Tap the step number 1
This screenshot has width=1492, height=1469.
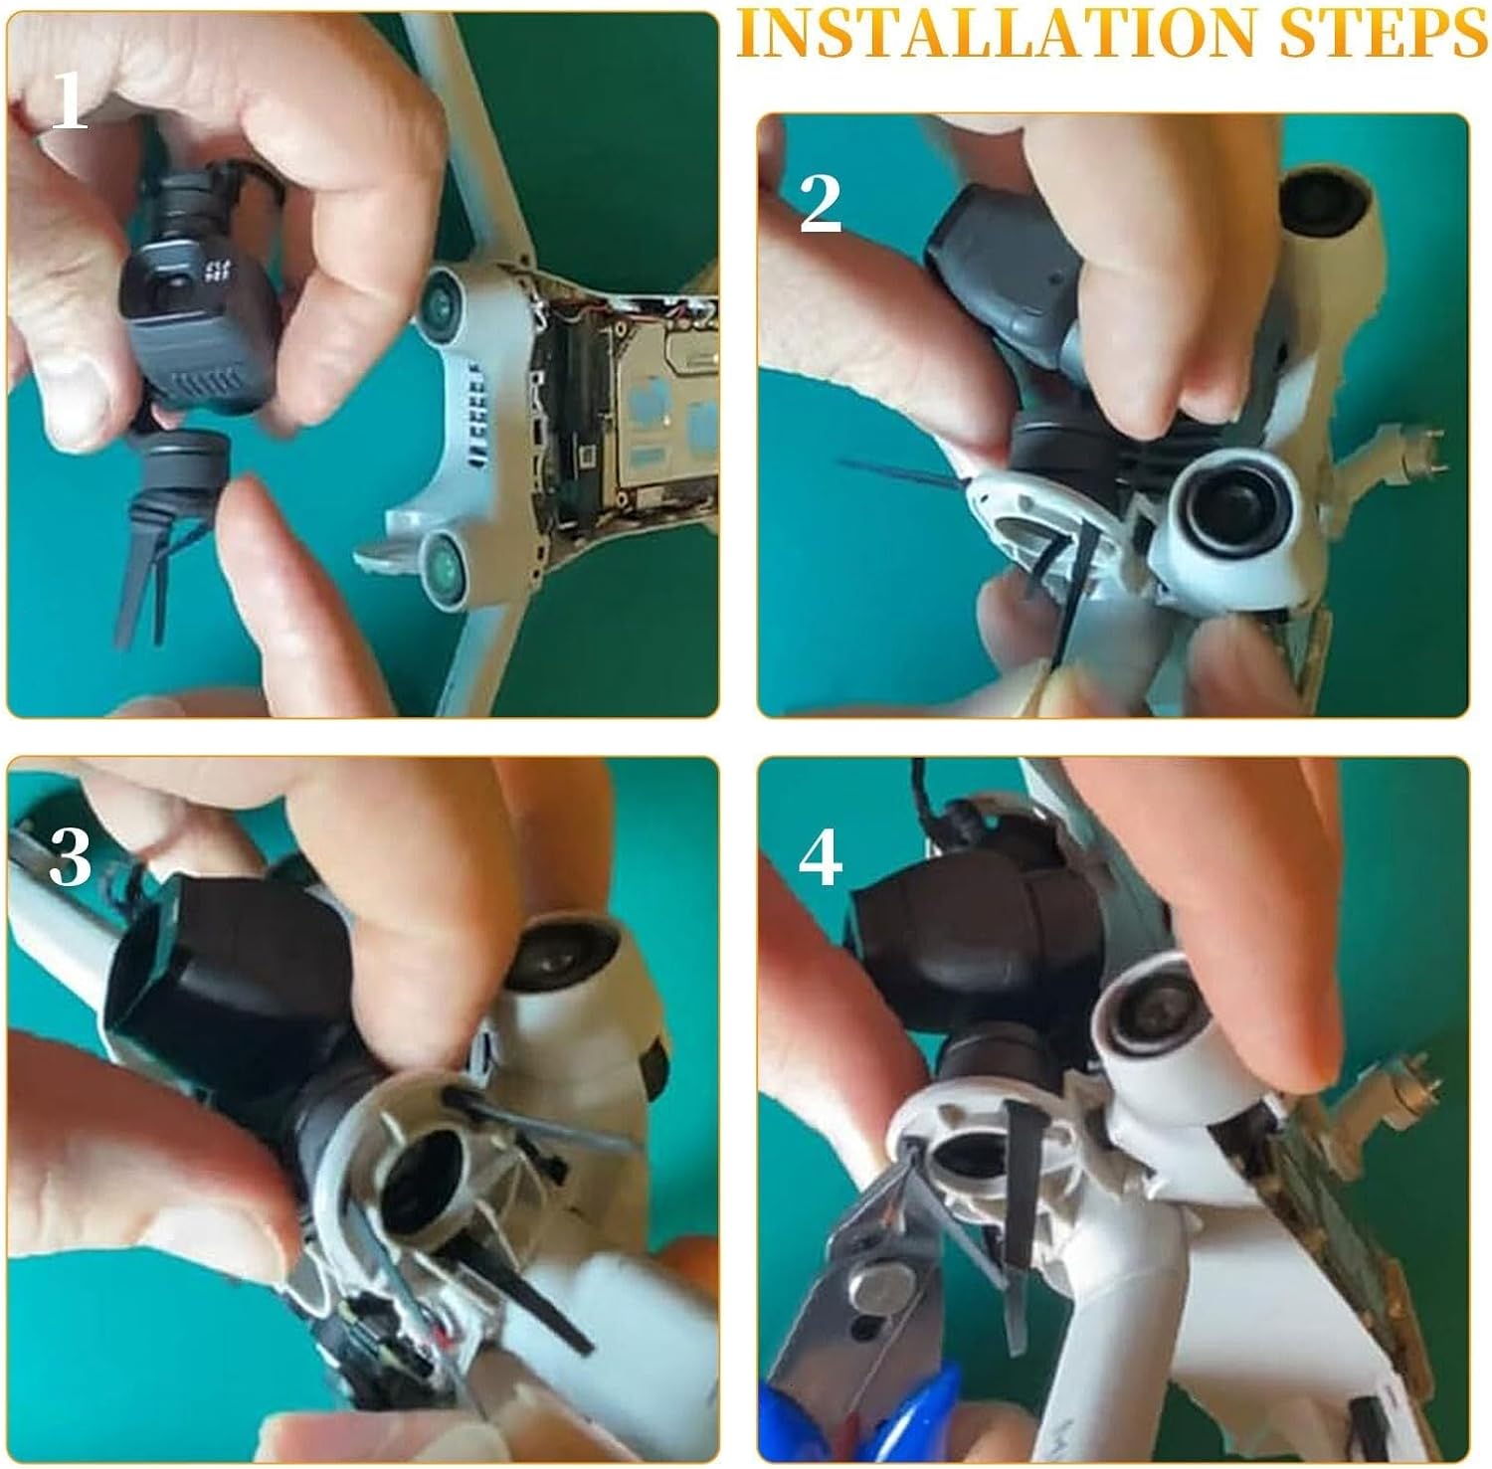point(69,102)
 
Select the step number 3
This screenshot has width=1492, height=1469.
point(70,856)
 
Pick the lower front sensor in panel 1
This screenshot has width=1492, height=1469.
point(446,563)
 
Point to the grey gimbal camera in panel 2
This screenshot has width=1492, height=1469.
point(1005,249)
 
